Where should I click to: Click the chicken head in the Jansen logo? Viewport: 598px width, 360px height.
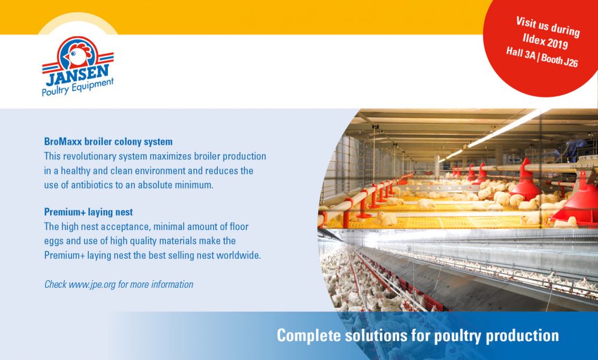[78, 55]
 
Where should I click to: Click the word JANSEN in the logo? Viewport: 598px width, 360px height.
[78, 75]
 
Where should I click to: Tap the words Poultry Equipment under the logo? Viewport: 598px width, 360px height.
[78, 87]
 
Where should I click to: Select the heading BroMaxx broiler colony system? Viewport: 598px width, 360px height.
[109, 142]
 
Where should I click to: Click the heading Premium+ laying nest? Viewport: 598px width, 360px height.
[88, 212]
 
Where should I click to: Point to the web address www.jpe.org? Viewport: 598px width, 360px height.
[92, 285]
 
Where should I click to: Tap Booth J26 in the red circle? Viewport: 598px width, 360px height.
[560, 60]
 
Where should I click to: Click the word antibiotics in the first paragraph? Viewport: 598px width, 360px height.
[92, 185]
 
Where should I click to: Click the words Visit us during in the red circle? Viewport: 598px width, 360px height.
[547, 27]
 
